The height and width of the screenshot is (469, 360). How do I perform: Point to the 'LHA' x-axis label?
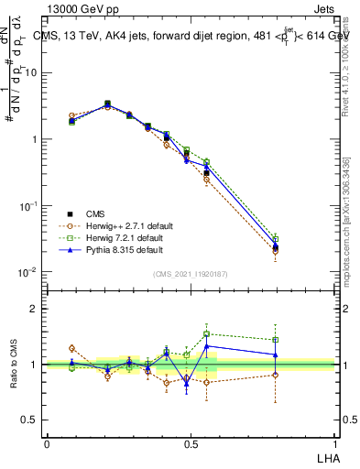(326, 457)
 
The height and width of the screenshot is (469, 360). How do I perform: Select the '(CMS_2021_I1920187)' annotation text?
(190, 274)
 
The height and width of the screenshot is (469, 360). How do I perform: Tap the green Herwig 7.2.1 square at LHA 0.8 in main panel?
(276, 239)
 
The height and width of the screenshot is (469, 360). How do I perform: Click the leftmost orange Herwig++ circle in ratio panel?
(71, 348)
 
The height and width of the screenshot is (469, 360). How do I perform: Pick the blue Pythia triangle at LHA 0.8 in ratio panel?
(276, 354)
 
